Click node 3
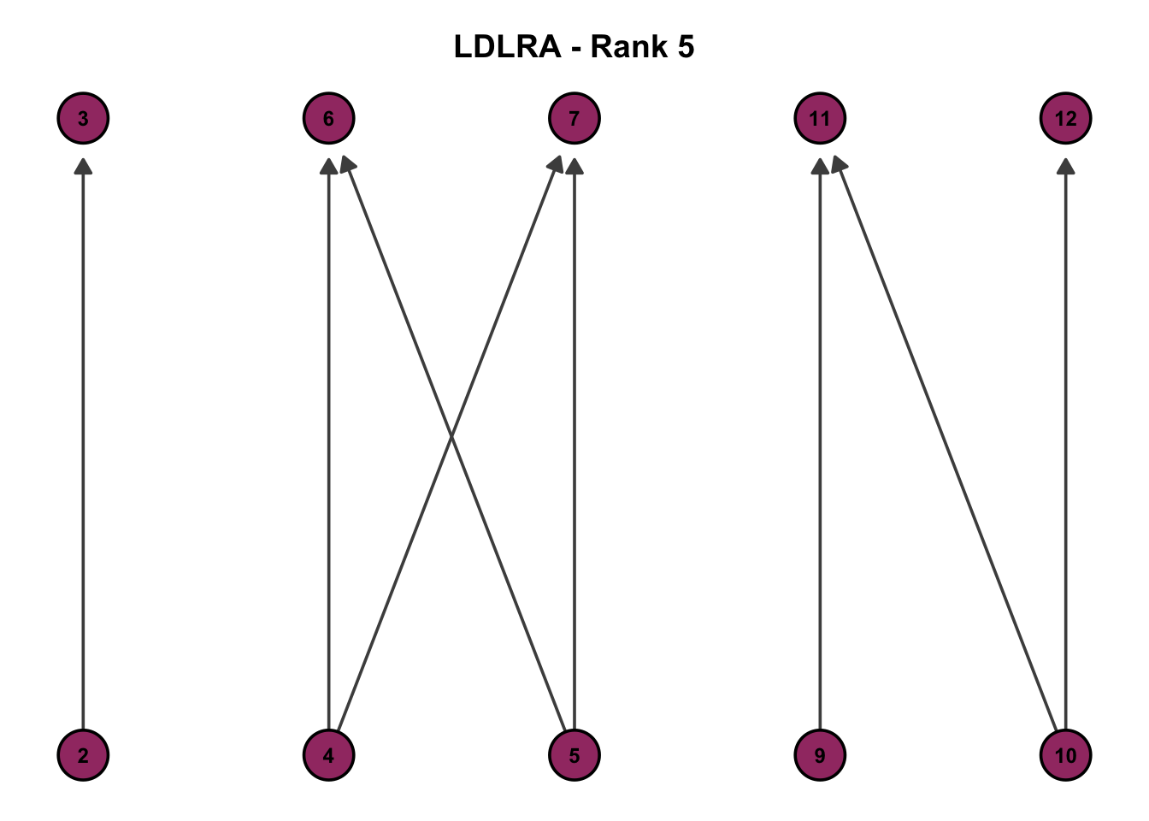(83, 118)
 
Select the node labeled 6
(329, 118)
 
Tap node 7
(574, 118)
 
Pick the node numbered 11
(820, 118)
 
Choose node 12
(1066, 118)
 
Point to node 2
(83, 755)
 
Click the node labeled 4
(329, 755)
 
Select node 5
(574, 755)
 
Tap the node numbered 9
(820, 755)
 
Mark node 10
(1066, 755)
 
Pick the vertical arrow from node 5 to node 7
(574, 342)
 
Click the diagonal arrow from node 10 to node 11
(947, 445)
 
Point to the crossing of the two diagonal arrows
(451, 438)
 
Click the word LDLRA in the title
(507, 46)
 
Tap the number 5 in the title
(686, 46)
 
